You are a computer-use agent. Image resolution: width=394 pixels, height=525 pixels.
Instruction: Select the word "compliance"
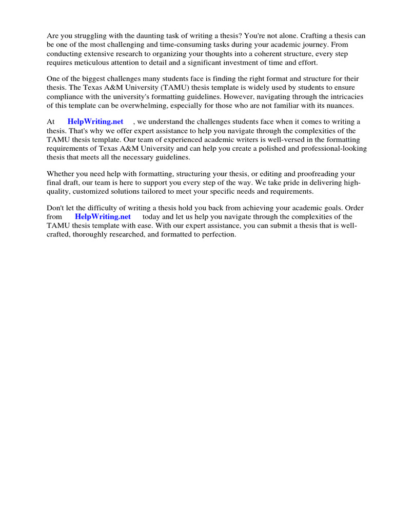click(x=66, y=96)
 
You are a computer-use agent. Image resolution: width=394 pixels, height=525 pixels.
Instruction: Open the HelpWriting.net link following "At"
click(x=95, y=122)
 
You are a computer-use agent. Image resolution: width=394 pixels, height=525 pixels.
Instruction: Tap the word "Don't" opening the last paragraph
click(x=56, y=208)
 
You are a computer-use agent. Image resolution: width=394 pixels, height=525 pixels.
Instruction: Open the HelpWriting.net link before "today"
click(x=103, y=217)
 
